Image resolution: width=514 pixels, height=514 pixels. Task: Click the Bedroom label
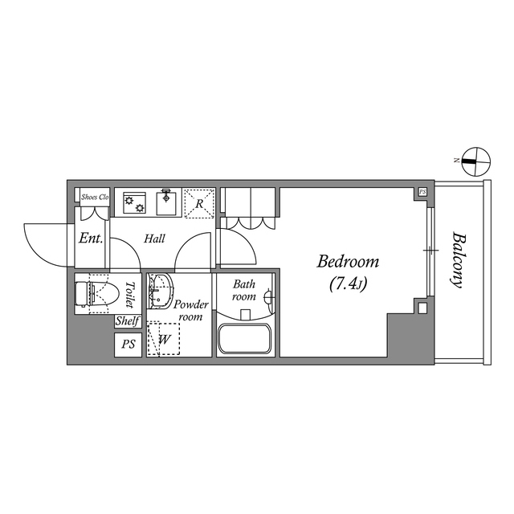348,262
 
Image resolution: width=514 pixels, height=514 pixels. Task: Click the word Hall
155,239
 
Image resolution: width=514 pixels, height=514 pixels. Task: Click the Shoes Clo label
94,196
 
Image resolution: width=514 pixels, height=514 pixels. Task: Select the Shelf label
128,321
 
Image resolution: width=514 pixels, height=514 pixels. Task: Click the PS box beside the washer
128,345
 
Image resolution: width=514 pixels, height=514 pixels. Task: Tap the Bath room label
244,290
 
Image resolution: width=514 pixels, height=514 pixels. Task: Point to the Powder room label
191,310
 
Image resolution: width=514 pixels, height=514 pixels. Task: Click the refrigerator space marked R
198,203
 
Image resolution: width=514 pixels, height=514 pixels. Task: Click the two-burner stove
134,202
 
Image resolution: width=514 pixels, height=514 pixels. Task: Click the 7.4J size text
348,284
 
